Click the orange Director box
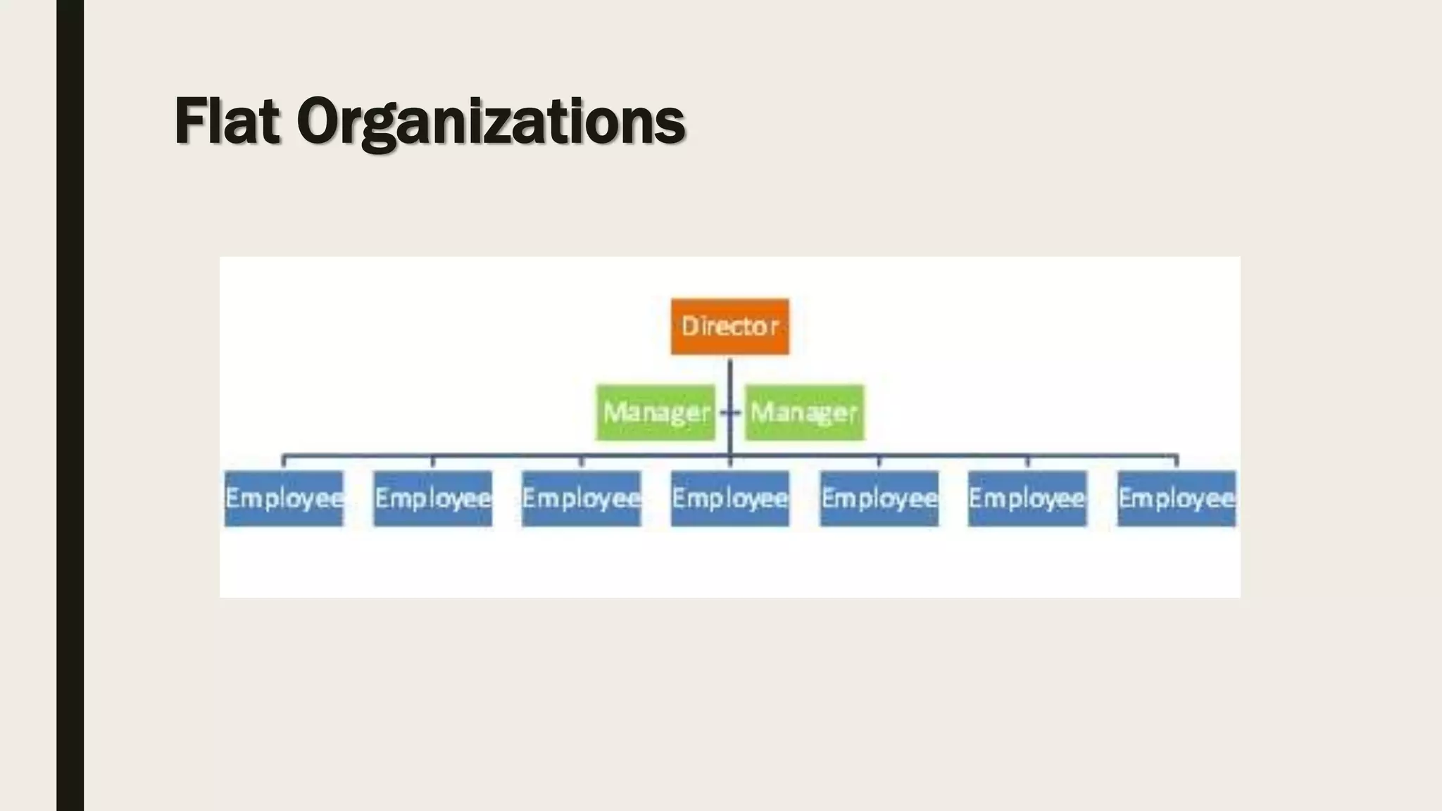point(729,327)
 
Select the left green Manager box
point(656,413)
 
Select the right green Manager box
point(804,413)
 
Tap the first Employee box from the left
point(284,498)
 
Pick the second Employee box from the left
point(432,498)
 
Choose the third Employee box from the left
point(581,498)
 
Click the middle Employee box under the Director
point(729,498)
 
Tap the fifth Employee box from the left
point(879,498)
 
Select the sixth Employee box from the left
point(1027,498)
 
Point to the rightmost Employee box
point(1176,498)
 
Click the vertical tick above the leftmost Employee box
point(284,462)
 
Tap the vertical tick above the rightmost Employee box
point(1176,462)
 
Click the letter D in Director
point(690,326)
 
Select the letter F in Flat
point(191,121)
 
